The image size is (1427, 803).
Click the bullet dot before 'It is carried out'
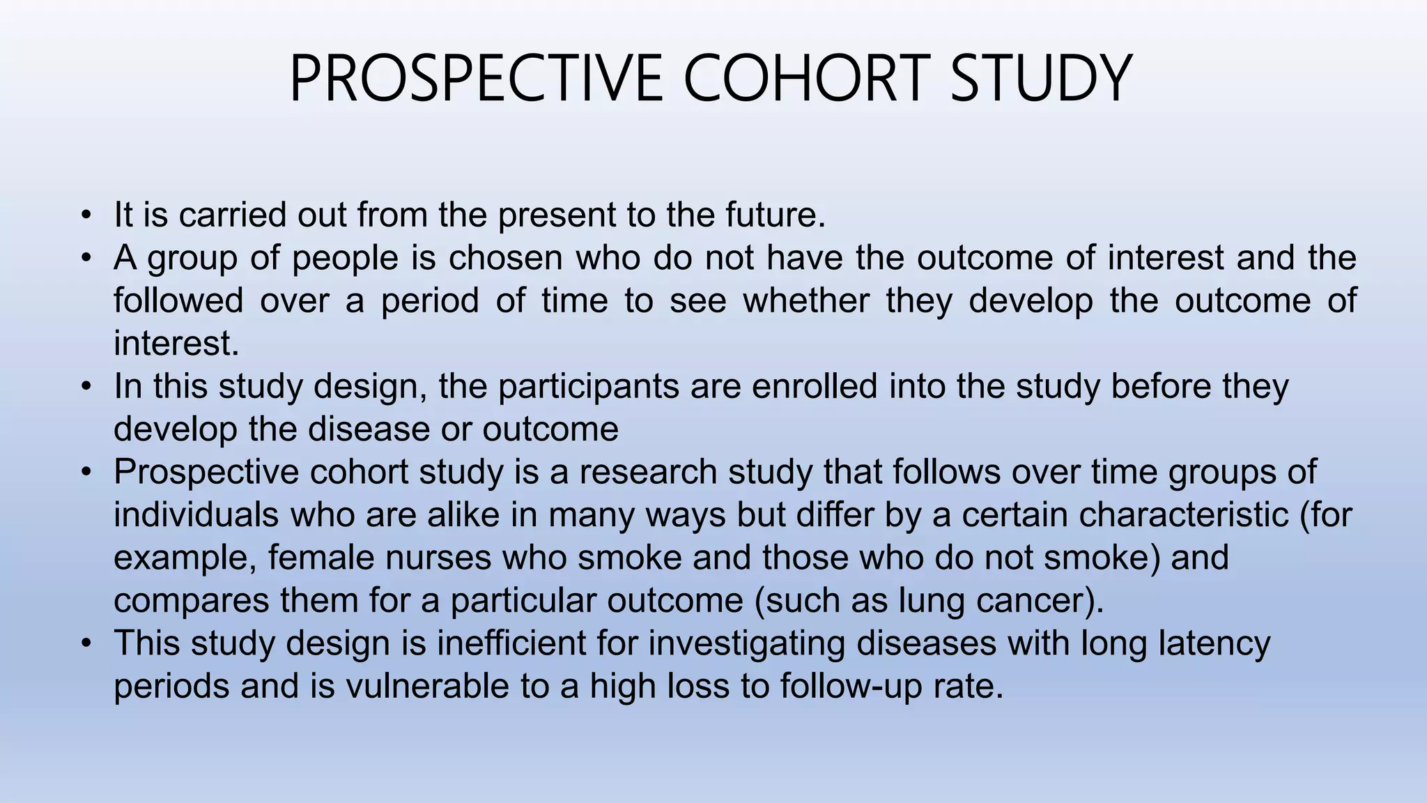[86, 215]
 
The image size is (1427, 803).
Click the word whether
[805, 301]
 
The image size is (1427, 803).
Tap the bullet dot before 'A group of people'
[86, 258]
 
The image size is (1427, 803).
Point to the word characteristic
[1185, 516]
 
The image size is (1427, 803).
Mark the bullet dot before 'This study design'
[86, 643]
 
